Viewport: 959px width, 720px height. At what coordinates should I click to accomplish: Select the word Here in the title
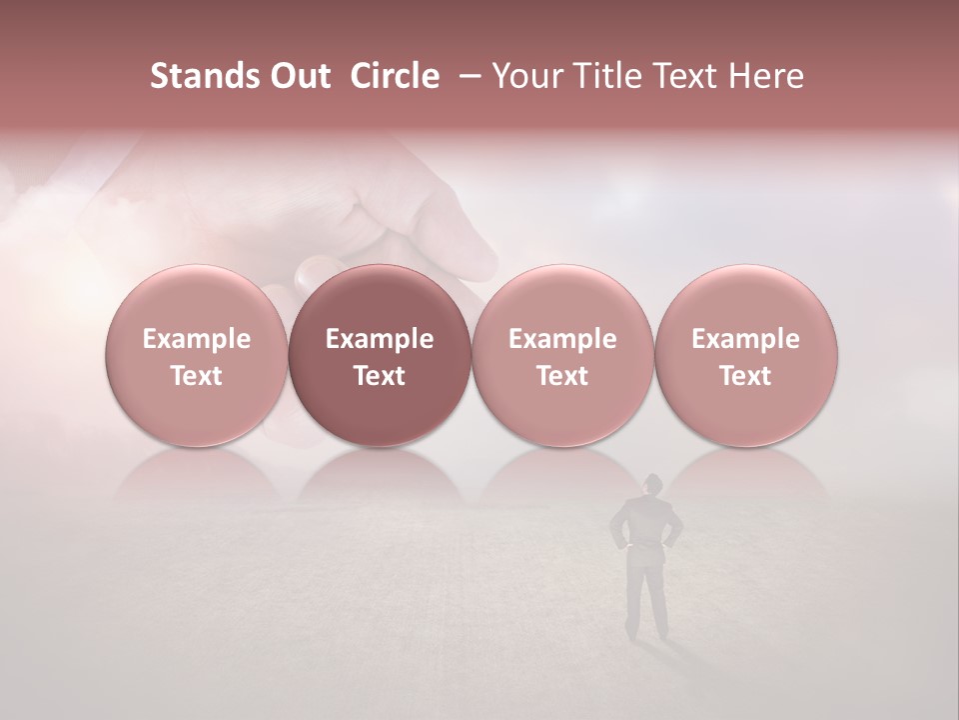pyautogui.click(x=767, y=76)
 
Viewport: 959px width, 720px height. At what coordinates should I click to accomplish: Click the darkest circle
pyautogui.click(x=380, y=356)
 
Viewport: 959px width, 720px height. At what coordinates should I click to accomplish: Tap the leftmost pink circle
pyautogui.click(x=197, y=356)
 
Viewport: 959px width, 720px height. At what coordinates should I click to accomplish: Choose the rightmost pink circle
pyautogui.click(x=745, y=356)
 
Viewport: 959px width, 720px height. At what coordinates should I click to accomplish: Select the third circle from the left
pyautogui.click(x=562, y=356)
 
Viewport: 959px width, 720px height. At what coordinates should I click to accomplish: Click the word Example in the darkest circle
pyautogui.click(x=380, y=339)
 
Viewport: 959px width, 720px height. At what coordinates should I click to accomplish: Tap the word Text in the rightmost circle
pyautogui.click(x=745, y=376)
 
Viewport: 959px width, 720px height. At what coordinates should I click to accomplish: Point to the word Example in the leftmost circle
pyautogui.click(x=197, y=339)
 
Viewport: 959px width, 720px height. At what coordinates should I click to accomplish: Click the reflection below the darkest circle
pyautogui.click(x=380, y=475)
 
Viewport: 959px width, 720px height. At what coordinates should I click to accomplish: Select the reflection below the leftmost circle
pyautogui.click(x=197, y=475)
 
